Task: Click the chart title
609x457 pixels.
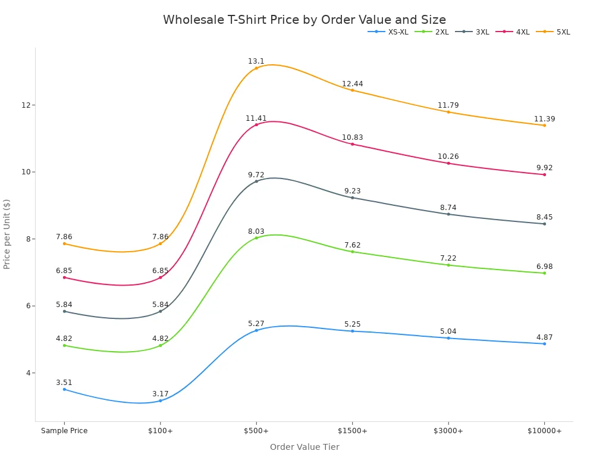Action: pos(304,20)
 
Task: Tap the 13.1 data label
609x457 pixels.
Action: pos(256,61)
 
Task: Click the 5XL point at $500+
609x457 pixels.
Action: pos(256,68)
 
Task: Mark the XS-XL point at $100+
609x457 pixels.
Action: pos(161,400)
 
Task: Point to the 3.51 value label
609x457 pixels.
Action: pos(64,383)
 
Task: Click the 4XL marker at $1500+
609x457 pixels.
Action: pos(352,144)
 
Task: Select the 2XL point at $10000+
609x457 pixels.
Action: pos(544,273)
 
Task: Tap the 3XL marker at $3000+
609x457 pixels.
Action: pos(448,214)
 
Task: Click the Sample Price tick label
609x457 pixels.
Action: pos(64,431)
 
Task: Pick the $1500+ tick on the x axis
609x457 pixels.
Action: pos(352,431)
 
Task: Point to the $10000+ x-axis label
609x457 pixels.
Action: pos(544,431)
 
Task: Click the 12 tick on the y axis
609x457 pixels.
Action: pos(26,105)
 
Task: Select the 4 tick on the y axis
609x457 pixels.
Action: pos(27,373)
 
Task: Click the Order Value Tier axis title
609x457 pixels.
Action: pos(304,447)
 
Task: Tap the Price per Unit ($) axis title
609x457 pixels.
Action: pos(7,234)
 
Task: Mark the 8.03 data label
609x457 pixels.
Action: pos(256,231)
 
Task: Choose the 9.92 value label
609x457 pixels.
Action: pos(544,168)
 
